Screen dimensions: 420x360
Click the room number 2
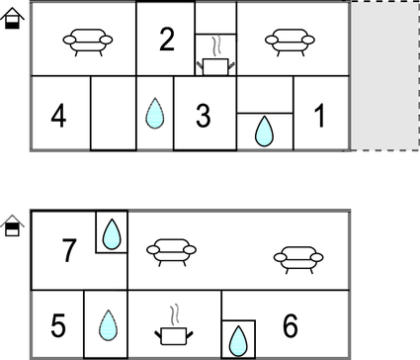[167, 40]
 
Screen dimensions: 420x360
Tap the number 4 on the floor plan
[58, 116]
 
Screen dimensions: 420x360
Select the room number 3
[204, 116]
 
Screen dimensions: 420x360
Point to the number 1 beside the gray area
[319, 115]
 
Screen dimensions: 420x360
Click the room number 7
[69, 250]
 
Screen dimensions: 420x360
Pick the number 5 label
[58, 325]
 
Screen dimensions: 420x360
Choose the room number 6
[291, 325]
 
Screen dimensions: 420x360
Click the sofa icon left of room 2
[88, 43]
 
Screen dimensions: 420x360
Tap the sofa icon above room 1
[290, 43]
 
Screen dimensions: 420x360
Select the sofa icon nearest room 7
[171, 252]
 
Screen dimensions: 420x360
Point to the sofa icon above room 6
[298, 260]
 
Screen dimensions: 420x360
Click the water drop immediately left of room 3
[155, 113]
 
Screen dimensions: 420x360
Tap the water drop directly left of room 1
[264, 131]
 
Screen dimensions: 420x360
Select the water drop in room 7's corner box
[112, 233]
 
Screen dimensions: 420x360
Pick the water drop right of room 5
[108, 325]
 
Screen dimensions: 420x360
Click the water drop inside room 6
[238, 341]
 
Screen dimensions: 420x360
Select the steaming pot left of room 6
[174, 325]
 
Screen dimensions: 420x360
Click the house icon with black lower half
[12, 19]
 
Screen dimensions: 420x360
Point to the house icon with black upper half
[12, 225]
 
